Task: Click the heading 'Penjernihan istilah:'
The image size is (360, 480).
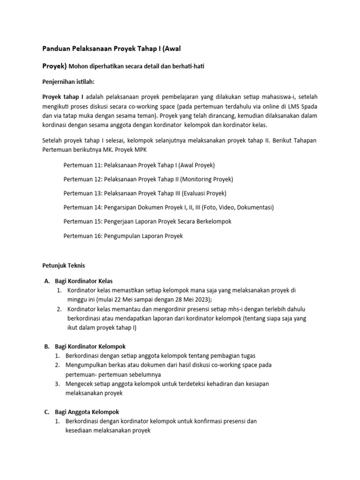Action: point(69,82)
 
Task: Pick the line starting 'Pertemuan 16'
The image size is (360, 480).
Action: point(123,236)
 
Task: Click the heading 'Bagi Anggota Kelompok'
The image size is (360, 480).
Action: point(84,412)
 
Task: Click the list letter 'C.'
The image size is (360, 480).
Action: point(47,412)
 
